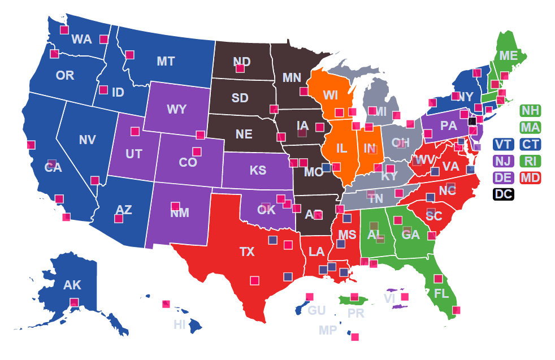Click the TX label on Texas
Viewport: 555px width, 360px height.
click(x=247, y=252)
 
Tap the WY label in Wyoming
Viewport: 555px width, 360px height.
click(x=177, y=110)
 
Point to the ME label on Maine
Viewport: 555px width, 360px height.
click(x=509, y=55)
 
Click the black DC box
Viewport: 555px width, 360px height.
click(x=502, y=194)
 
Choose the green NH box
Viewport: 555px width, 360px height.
click(x=530, y=111)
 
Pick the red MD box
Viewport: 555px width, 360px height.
click(x=530, y=177)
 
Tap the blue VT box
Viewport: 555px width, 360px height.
click(x=502, y=144)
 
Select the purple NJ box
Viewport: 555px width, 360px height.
click(x=502, y=161)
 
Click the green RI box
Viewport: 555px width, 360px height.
click(x=530, y=161)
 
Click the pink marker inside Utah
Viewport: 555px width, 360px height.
click(x=135, y=132)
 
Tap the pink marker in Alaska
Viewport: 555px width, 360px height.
click(x=74, y=302)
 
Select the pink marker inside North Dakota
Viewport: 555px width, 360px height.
click(x=240, y=68)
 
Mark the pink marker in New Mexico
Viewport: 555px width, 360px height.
click(x=175, y=206)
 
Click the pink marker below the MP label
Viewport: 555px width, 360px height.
click(x=355, y=337)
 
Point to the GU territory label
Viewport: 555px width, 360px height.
click(x=316, y=310)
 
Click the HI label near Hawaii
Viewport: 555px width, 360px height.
click(x=180, y=324)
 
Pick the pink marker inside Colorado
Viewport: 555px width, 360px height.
click(x=197, y=151)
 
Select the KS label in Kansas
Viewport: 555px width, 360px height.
click(x=258, y=171)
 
